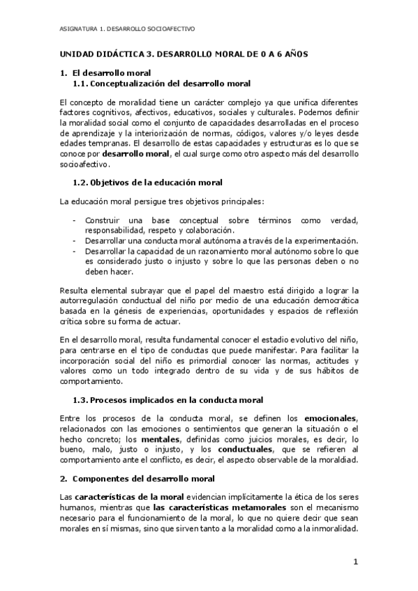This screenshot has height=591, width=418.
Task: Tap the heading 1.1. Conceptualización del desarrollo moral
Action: coord(161,84)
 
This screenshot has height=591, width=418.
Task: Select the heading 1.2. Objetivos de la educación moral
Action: coord(147,182)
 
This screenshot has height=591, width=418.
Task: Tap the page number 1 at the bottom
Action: coord(354,562)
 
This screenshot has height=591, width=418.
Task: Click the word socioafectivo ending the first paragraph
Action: coord(85,165)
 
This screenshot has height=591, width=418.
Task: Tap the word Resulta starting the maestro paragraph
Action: coord(75,289)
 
